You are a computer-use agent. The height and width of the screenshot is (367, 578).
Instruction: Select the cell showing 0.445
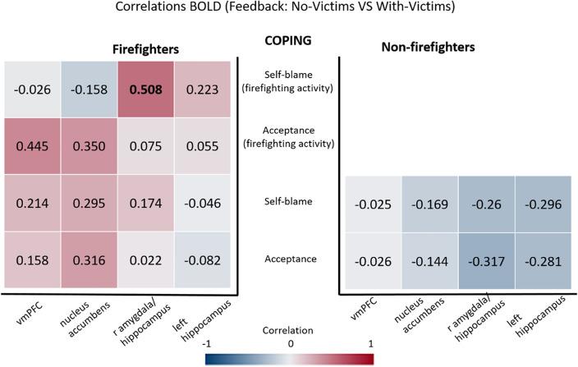tap(33, 146)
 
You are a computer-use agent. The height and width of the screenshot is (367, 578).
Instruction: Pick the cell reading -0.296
tap(543, 204)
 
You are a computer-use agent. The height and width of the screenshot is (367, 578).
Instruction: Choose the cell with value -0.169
tap(429, 204)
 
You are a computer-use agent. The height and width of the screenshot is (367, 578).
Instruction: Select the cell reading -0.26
tap(486, 204)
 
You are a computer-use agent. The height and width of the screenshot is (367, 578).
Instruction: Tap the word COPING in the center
tap(289, 40)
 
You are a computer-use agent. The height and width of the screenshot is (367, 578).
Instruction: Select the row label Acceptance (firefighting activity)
tap(289, 136)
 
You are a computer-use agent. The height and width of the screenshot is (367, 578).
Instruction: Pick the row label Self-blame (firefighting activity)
tap(289, 82)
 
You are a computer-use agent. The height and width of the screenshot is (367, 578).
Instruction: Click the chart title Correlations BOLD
tap(288, 11)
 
